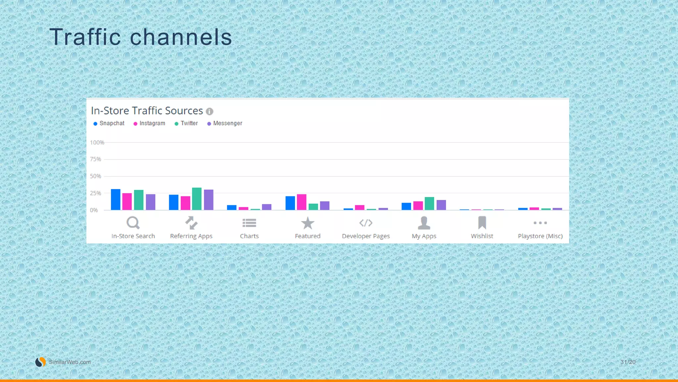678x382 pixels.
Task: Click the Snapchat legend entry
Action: [x=109, y=123]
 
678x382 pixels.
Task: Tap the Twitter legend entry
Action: [x=186, y=123]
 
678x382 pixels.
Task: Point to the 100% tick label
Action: [x=97, y=143]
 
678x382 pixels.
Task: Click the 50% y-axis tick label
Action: [x=96, y=176]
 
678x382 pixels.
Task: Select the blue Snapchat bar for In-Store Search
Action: [x=116, y=200]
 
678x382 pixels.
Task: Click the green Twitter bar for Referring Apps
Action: [x=197, y=199]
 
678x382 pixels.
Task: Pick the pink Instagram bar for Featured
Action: [x=302, y=202]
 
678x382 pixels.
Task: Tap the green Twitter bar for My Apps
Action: [x=429, y=204]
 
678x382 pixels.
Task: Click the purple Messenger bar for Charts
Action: [x=266, y=207]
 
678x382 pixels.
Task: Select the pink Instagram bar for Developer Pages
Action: [x=360, y=208]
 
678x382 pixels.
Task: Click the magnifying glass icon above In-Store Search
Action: [x=133, y=223]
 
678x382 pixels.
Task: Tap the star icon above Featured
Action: [x=308, y=223]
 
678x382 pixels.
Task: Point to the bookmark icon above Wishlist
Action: [x=482, y=223]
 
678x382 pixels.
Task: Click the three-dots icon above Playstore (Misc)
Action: [x=540, y=223]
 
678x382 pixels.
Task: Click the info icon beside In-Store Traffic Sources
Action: [x=210, y=111]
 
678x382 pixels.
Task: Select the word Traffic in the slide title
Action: [x=85, y=37]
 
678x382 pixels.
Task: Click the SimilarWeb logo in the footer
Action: [x=41, y=362]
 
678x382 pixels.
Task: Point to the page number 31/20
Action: [x=628, y=362]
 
